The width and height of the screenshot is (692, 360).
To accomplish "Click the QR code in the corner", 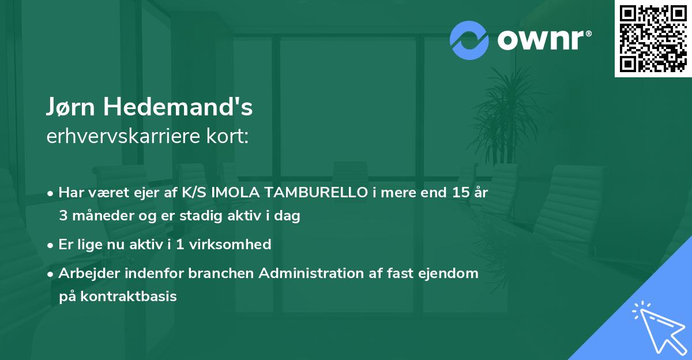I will [653, 39].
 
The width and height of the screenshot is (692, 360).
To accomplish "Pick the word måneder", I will [104, 216].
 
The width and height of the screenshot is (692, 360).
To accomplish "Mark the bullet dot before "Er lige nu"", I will [51, 245].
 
